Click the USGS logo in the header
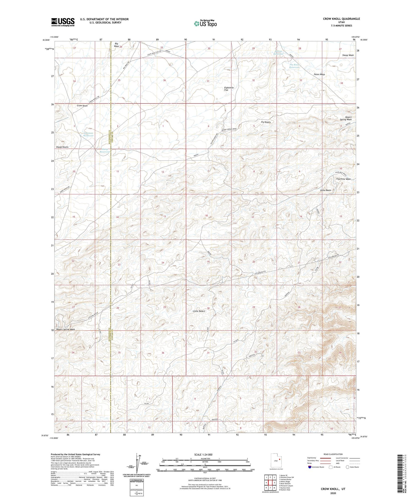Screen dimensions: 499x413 click(x=63, y=22)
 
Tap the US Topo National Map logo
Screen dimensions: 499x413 click(x=205, y=23)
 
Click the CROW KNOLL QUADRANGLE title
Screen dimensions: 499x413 click(x=341, y=19)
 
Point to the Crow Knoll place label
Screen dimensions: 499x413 click(x=82, y=106)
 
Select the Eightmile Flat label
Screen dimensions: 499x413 click(x=229, y=89)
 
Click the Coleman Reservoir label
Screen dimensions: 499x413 click(x=88, y=134)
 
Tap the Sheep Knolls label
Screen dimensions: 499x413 click(x=62, y=147)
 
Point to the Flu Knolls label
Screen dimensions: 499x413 click(x=266, y=122)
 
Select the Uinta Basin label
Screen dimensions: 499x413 click(x=325, y=190)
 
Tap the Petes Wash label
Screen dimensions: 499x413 click(x=319, y=75)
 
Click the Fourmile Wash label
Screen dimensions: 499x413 click(x=343, y=179)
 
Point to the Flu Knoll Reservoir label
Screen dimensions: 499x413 click(x=294, y=66)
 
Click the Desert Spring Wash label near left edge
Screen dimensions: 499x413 click(x=66, y=329)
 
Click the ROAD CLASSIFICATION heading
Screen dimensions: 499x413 click(x=333, y=454)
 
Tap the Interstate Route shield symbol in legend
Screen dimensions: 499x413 click(x=310, y=467)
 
